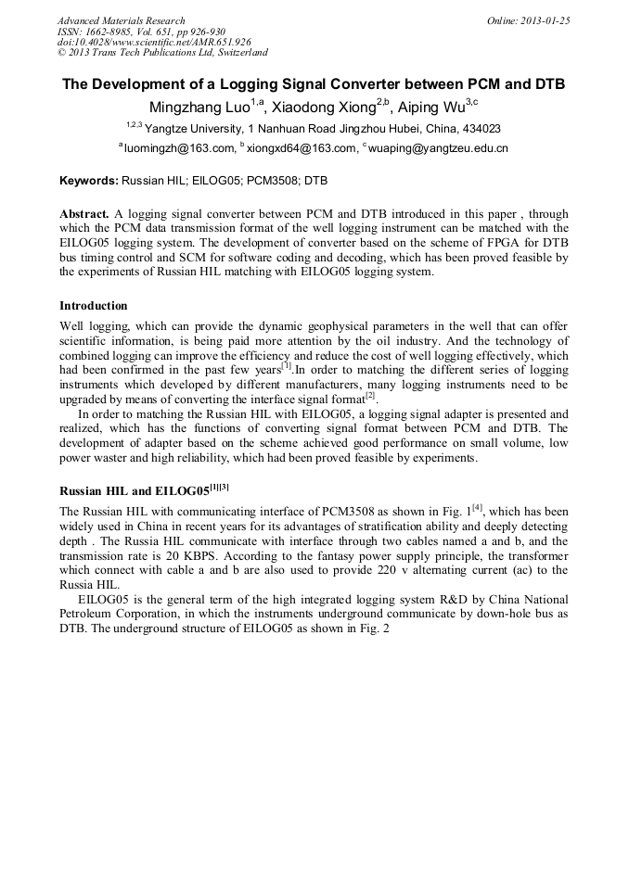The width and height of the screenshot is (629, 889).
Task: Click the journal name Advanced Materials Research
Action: (x=121, y=20)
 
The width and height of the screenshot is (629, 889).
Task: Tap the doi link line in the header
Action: (x=154, y=42)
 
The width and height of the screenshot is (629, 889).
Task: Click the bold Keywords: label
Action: (x=89, y=181)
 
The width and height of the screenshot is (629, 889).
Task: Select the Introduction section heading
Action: (x=94, y=306)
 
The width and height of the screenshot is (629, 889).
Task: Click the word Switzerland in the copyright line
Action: (x=238, y=53)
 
